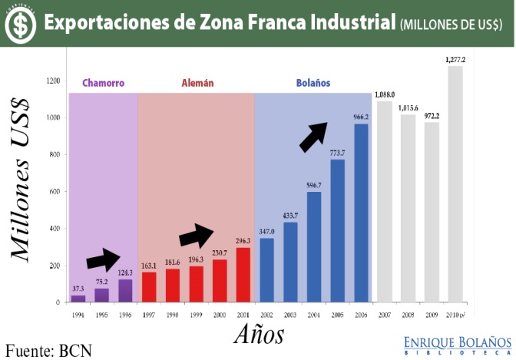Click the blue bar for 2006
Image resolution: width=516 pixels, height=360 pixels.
(361, 213)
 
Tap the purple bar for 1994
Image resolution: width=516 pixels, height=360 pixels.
(78, 299)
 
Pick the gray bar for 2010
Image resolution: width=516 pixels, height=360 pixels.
(455, 184)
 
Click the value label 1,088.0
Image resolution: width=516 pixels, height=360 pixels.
(385, 95)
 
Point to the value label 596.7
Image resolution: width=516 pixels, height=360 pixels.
(313, 185)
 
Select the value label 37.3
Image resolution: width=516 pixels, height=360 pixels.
(78, 289)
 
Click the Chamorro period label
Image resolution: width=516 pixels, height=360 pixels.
(103, 83)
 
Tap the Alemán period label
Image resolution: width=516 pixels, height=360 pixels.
(197, 83)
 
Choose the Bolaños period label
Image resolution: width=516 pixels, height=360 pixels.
(313, 83)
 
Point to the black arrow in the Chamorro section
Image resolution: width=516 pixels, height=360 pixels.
(104, 260)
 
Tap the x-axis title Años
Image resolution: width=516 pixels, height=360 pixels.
(258, 334)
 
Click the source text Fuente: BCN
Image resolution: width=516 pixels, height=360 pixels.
(48, 350)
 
